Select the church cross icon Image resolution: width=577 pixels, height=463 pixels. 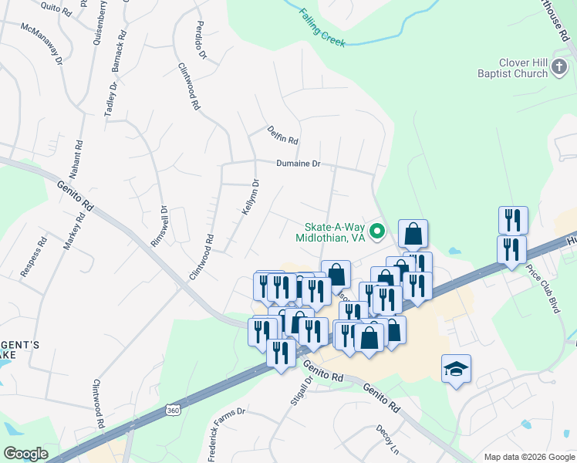(x=559, y=69)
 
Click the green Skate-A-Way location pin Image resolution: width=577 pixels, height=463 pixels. (x=377, y=230)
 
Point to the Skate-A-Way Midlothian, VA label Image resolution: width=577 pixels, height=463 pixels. (x=329, y=232)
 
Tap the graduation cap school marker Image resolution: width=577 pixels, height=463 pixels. (x=456, y=369)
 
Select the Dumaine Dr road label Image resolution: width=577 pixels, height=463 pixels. (x=303, y=164)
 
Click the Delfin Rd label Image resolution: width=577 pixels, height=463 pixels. (x=283, y=135)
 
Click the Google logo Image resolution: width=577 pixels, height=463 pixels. (x=25, y=454)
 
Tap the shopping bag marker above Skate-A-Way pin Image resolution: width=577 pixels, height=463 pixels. (x=413, y=233)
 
